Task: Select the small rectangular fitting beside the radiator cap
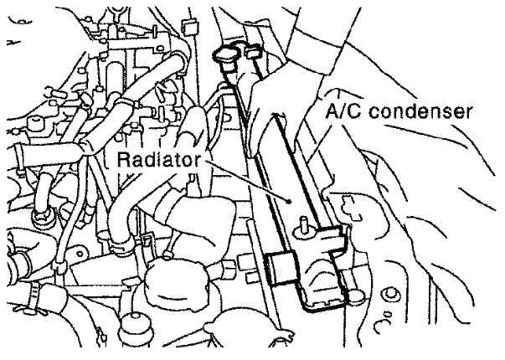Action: click(251, 56)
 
